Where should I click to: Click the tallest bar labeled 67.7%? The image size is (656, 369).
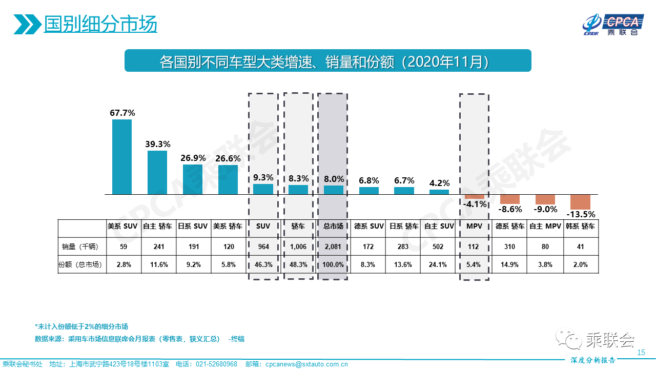(122, 157)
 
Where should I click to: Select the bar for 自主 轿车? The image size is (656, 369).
(157, 173)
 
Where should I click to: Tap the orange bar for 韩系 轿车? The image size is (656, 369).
(580, 202)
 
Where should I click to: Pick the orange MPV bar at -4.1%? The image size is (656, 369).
(474, 197)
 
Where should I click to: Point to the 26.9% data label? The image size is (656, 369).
(193, 158)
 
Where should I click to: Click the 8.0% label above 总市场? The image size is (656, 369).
(333, 179)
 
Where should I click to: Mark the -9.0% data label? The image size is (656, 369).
(545, 209)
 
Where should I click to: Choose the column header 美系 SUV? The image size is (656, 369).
(122, 226)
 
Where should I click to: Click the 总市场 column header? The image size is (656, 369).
(333, 226)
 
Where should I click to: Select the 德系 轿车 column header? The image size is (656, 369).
(509, 226)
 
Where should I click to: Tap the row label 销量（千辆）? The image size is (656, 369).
(80, 247)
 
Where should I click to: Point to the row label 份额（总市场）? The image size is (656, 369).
(80, 265)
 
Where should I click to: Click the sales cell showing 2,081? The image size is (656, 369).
(333, 247)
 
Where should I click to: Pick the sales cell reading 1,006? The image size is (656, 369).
(298, 247)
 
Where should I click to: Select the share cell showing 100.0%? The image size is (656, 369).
(333, 265)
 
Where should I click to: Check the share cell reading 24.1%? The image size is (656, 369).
(439, 265)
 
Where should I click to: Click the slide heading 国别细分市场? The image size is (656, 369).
(100, 24)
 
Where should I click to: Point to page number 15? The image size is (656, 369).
(641, 353)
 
